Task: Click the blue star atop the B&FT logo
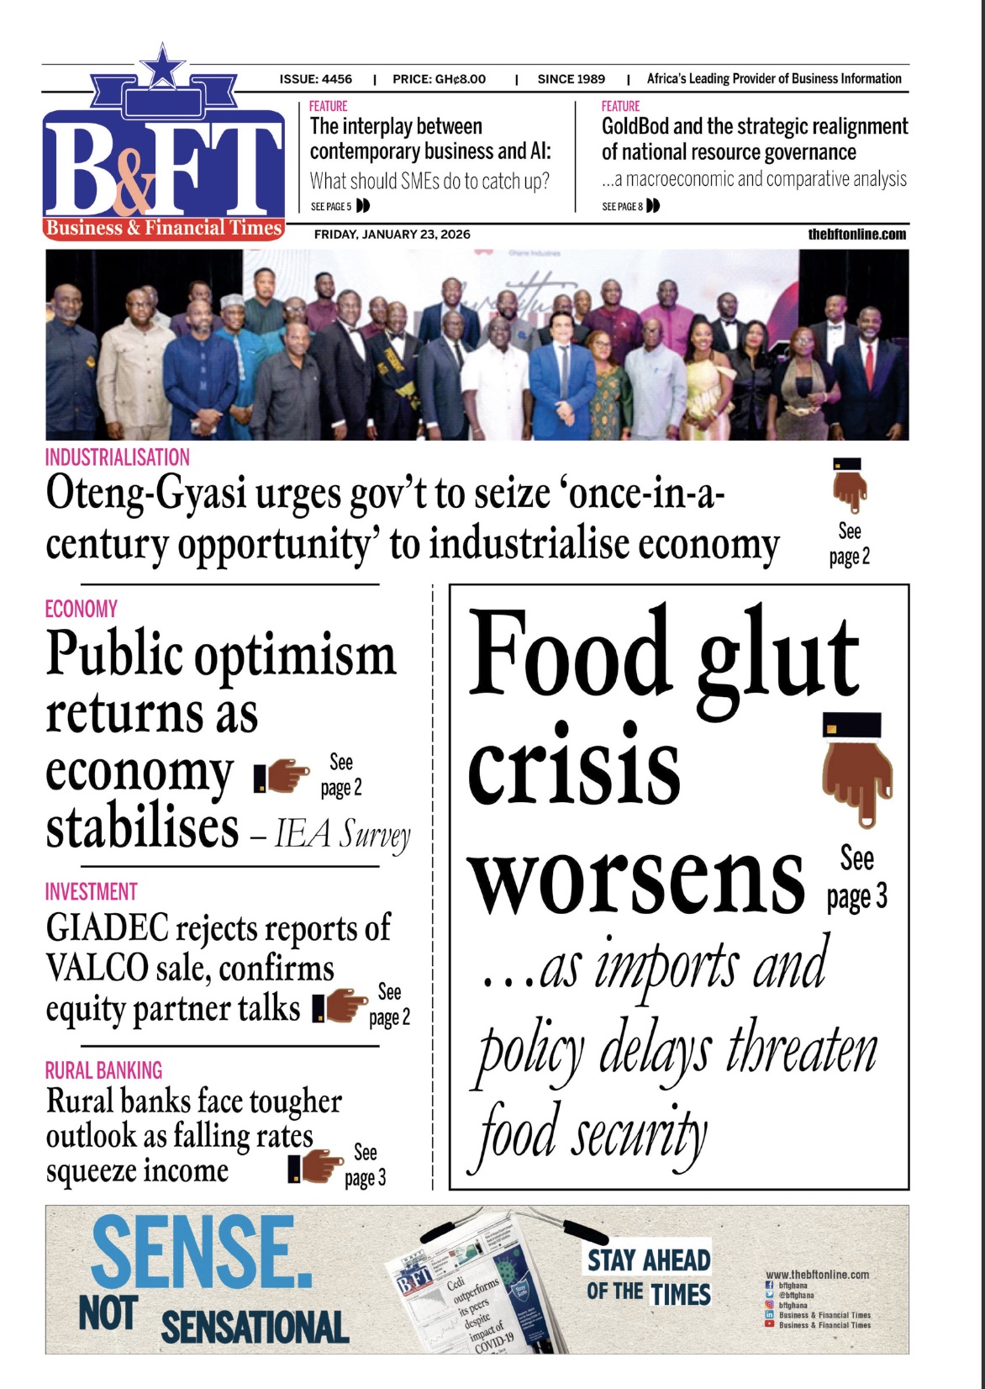point(162,66)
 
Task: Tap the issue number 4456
point(336,79)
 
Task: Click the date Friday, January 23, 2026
point(392,235)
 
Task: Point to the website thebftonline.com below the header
point(857,235)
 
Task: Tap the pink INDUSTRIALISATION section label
point(118,457)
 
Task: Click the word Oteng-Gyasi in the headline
point(146,494)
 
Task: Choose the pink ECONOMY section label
point(82,609)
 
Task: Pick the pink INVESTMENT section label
point(91,891)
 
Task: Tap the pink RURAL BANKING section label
point(103,1070)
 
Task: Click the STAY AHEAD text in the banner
point(649,1260)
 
